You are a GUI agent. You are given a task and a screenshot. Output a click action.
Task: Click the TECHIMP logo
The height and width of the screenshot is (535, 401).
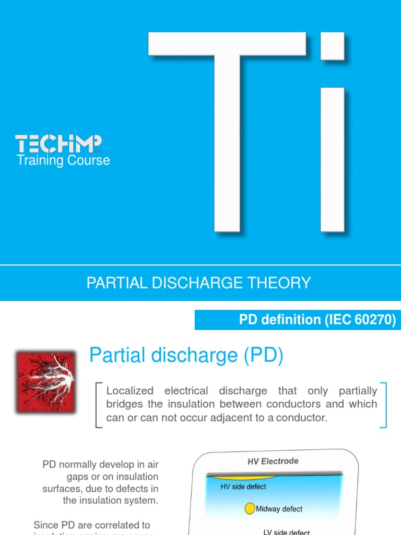(58, 144)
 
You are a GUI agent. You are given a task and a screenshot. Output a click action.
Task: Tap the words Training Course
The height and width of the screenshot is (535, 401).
(63, 160)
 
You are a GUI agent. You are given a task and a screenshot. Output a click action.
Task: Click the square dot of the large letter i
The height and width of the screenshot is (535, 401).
(332, 46)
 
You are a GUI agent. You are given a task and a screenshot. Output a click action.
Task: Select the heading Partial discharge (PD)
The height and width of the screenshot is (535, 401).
(186, 356)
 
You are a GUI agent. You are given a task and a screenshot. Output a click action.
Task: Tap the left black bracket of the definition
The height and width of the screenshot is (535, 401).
(98, 405)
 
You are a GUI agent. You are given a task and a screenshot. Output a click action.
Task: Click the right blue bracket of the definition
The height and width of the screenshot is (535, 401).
(384, 405)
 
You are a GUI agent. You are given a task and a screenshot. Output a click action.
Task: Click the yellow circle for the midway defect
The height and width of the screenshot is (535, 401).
(250, 508)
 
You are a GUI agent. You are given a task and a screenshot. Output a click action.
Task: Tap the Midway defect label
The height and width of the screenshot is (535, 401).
(279, 509)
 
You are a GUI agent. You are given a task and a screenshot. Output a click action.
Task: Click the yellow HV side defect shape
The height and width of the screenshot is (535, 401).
(241, 478)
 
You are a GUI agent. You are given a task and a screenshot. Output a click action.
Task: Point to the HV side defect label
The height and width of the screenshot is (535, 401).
(243, 487)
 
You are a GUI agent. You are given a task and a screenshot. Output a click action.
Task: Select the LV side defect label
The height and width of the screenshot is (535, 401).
(286, 532)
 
